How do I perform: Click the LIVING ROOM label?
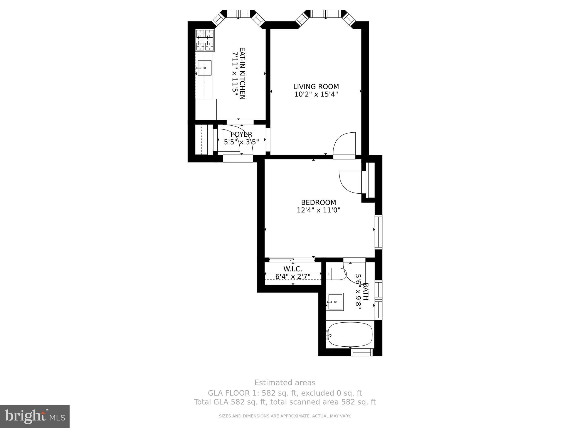tap(316, 87)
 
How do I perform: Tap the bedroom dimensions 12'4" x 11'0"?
tap(318, 210)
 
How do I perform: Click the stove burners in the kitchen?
tap(205, 40)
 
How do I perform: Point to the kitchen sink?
tap(204, 68)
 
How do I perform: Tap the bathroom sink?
tap(335, 302)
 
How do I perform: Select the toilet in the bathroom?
tap(335, 274)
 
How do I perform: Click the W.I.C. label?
tap(293, 269)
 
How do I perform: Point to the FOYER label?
tap(241, 134)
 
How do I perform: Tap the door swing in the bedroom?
tap(350, 182)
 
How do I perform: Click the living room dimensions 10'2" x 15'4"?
tap(316, 94)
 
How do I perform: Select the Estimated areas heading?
tap(285, 383)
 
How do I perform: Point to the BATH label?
tap(366, 291)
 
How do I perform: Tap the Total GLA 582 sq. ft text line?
tap(285, 402)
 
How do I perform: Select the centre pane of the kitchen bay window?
tap(238, 14)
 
